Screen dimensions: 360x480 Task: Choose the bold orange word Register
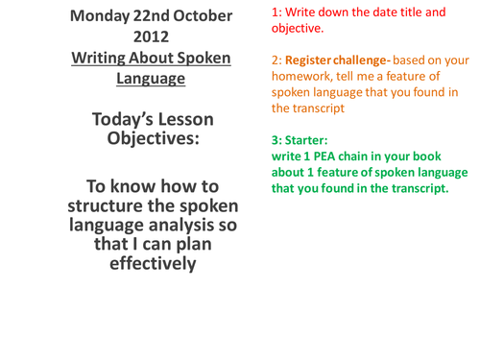pyautogui.click(x=309, y=60)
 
